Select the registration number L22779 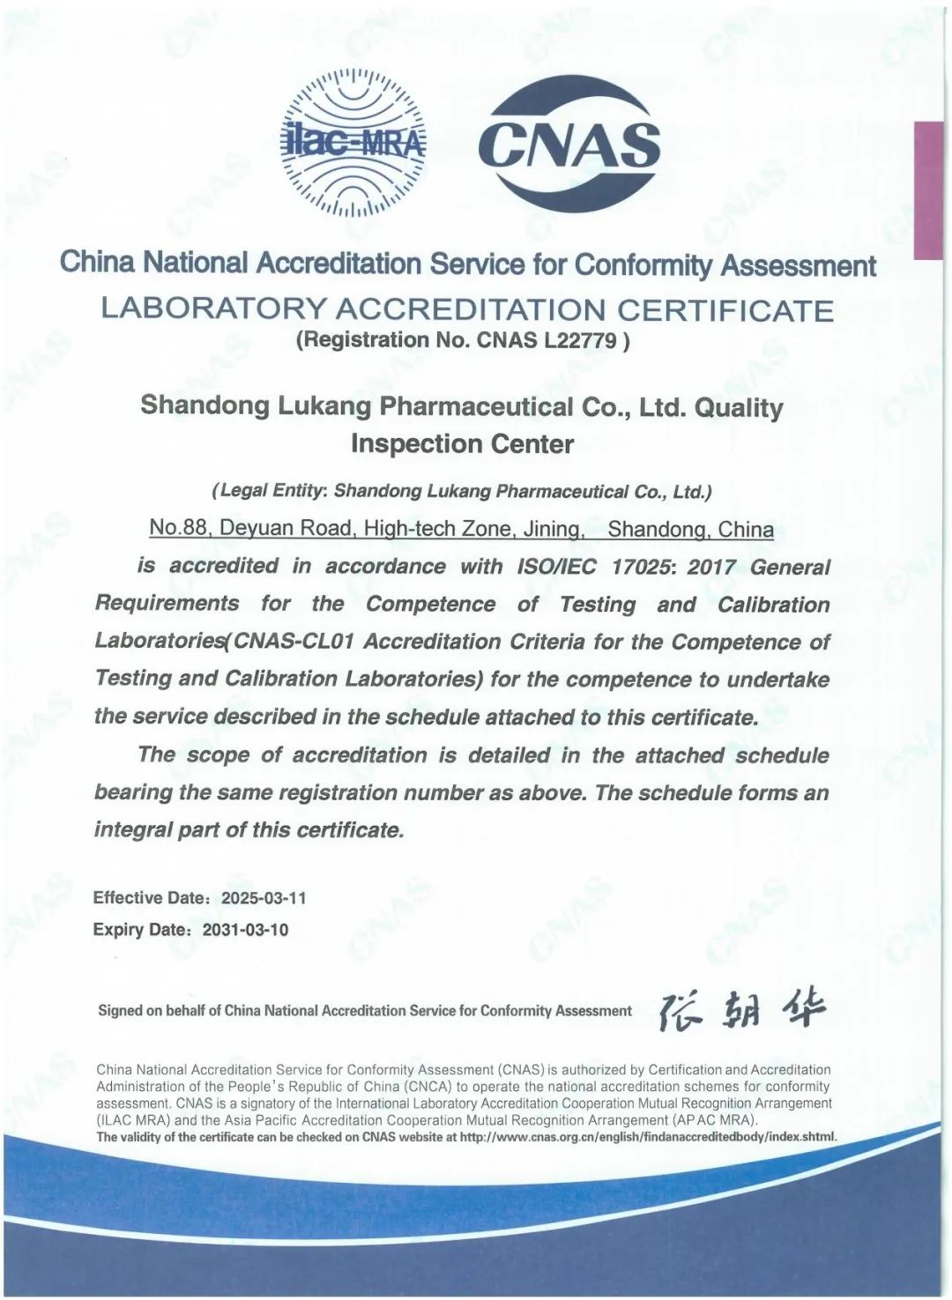pyautogui.click(x=580, y=341)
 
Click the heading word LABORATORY pyautogui.click(x=213, y=309)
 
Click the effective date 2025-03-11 pyautogui.click(x=264, y=898)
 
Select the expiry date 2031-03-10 pyautogui.click(x=245, y=930)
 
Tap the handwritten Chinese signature pyautogui.click(x=742, y=1010)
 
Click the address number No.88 pyautogui.click(x=178, y=528)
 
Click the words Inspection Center pyautogui.click(x=462, y=444)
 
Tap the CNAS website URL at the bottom pyautogui.click(x=648, y=1137)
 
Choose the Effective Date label pyautogui.click(x=148, y=898)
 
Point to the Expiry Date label pyautogui.click(x=139, y=930)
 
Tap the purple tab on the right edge pyautogui.click(x=928, y=189)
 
